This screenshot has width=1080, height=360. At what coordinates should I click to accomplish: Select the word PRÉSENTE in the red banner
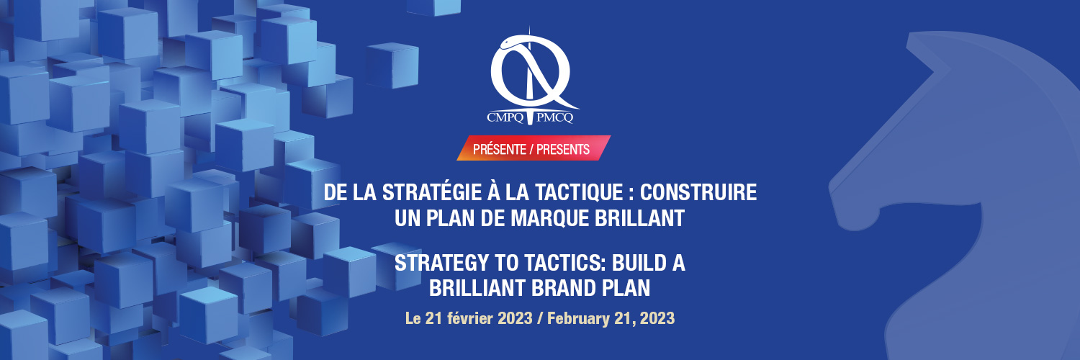tap(500, 150)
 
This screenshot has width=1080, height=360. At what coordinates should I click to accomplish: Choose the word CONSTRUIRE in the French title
tap(698, 193)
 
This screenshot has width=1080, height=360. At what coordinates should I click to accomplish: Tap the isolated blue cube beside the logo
tap(392, 66)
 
